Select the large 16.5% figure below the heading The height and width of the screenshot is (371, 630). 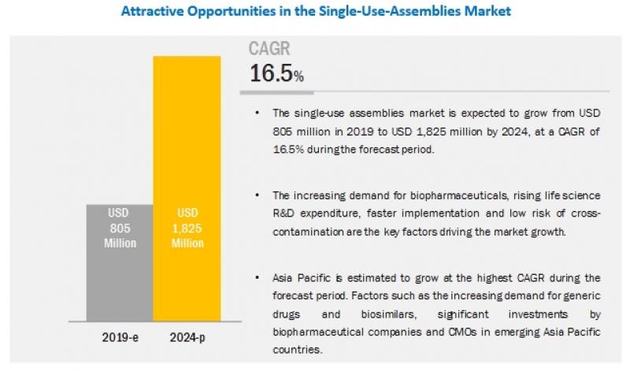(276, 74)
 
